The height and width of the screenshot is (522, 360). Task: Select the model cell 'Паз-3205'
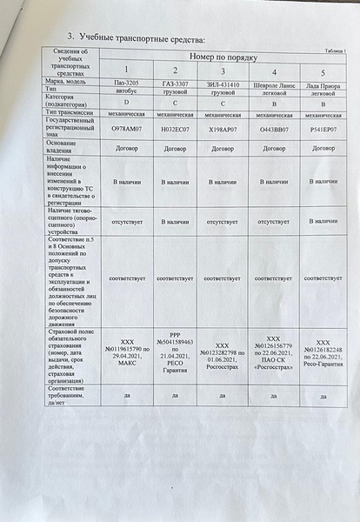click(x=126, y=82)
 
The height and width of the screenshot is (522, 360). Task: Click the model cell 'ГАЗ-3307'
click(x=175, y=83)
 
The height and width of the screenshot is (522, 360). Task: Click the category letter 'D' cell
click(x=126, y=102)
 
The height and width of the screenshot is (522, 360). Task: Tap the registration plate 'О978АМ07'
click(x=126, y=128)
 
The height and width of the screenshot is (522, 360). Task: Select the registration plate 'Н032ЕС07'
click(x=175, y=129)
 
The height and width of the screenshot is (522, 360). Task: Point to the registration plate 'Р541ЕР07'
click(x=323, y=129)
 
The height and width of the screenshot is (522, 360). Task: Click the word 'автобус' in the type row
click(x=126, y=90)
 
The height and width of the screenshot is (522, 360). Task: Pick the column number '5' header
click(x=323, y=71)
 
